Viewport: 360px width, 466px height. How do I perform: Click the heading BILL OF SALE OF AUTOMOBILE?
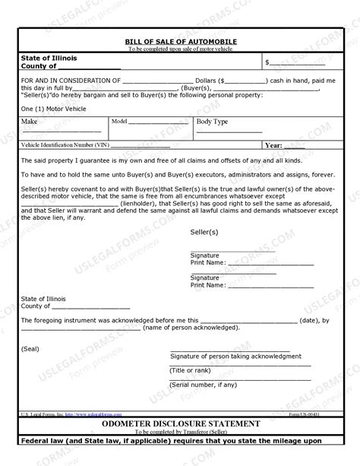180,41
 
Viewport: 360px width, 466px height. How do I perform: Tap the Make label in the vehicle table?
30,122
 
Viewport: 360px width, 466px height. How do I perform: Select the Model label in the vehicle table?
119,121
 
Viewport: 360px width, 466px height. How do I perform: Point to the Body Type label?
212,122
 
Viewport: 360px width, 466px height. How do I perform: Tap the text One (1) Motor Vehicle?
52,109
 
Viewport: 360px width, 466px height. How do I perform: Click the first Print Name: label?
207,262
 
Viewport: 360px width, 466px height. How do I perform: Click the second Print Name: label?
207,285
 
